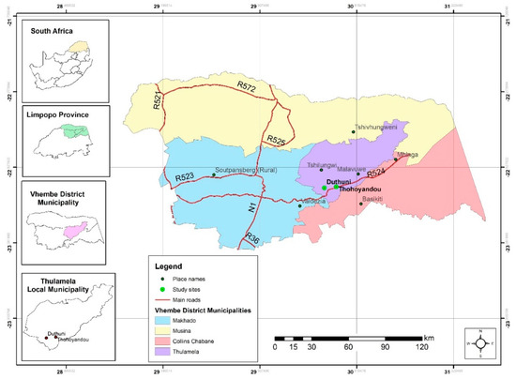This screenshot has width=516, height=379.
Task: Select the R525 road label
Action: (x=276, y=140)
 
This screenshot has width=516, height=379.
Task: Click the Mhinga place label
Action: (x=408, y=154)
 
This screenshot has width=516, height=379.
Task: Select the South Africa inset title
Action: (x=53, y=31)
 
